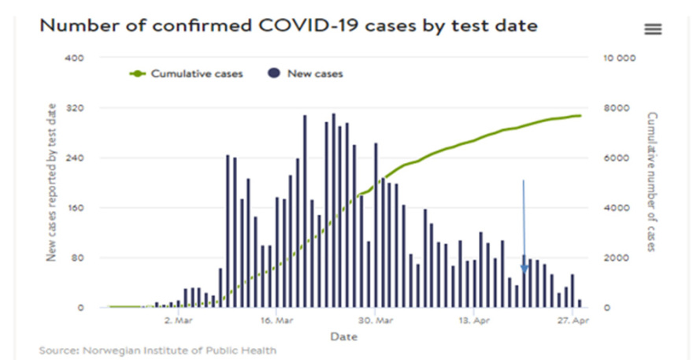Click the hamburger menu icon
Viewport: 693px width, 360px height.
(653, 29)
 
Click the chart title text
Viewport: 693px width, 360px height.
(288, 26)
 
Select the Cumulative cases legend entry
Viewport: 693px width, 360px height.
(187, 74)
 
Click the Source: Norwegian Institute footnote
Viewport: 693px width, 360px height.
(157, 350)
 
